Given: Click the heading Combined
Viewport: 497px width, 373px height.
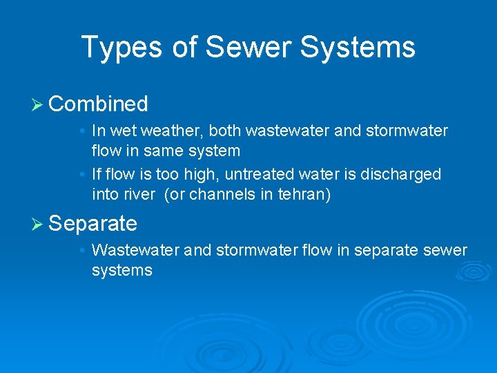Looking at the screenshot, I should pyautogui.click(x=99, y=104).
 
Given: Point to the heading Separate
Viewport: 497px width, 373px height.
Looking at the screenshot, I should pyautogui.click(x=93, y=223).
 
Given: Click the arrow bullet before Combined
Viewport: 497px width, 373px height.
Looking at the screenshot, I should pyautogui.click(x=38, y=105).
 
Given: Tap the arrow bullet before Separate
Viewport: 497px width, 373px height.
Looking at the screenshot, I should pyautogui.click(x=38, y=224).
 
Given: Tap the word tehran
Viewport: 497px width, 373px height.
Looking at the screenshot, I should pyautogui.click(x=302, y=195).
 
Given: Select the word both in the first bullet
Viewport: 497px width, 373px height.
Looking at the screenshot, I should pyautogui.click(x=224, y=131).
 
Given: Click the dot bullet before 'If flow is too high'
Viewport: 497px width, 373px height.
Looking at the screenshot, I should pyautogui.click(x=82, y=174).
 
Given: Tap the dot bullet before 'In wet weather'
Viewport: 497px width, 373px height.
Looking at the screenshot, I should pyautogui.click(x=82, y=131).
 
